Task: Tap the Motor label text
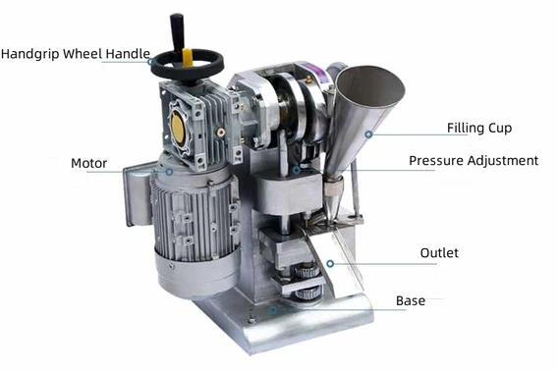88,162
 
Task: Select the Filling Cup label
479,128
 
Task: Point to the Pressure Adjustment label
473,160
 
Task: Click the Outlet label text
439,253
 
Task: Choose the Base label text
411,300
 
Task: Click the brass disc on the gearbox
178,125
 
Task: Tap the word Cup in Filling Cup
499,128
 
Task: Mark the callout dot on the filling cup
369,134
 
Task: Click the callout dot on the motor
168,172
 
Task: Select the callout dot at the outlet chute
331,262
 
